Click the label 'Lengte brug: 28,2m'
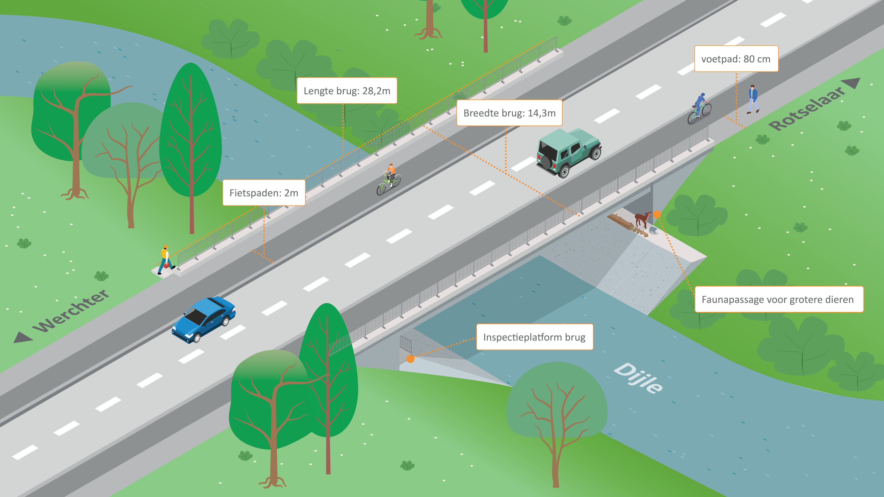click(x=347, y=91)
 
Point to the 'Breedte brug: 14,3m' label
click(x=509, y=113)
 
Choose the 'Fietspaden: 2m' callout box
click(x=264, y=193)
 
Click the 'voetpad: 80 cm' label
click(x=736, y=59)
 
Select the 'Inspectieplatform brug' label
click(x=534, y=337)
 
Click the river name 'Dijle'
click(x=638, y=378)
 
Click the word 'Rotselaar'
click(x=806, y=109)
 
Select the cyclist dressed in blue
click(x=699, y=108)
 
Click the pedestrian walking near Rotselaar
click(x=753, y=99)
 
